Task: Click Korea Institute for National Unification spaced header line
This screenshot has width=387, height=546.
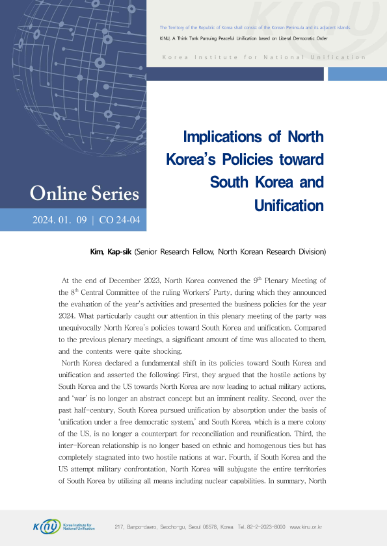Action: pyautogui.click(x=263, y=57)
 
